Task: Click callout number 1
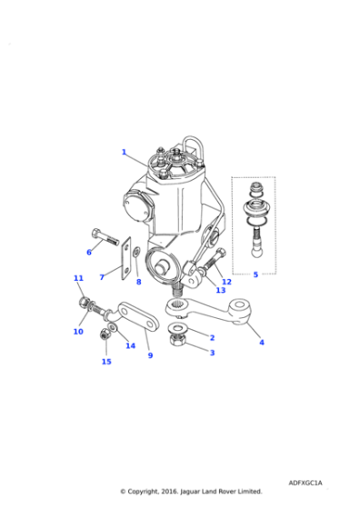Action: click(x=124, y=152)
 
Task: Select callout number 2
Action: click(x=212, y=337)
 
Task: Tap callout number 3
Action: click(x=212, y=353)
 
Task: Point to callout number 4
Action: click(x=262, y=343)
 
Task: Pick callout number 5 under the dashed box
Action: click(x=255, y=274)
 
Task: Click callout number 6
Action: click(x=89, y=252)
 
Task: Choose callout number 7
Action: click(x=102, y=276)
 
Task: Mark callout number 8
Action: click(x=138, y=283)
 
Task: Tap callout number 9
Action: click(x=150, y=355)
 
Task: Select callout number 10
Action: click(x=78, y=332)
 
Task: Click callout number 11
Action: click(x=78, y=278)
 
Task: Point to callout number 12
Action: click(x=226, y=282)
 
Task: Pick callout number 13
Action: click(x=220, y=291)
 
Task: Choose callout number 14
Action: click(x=130, y=345)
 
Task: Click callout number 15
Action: click(x=106, y=362)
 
